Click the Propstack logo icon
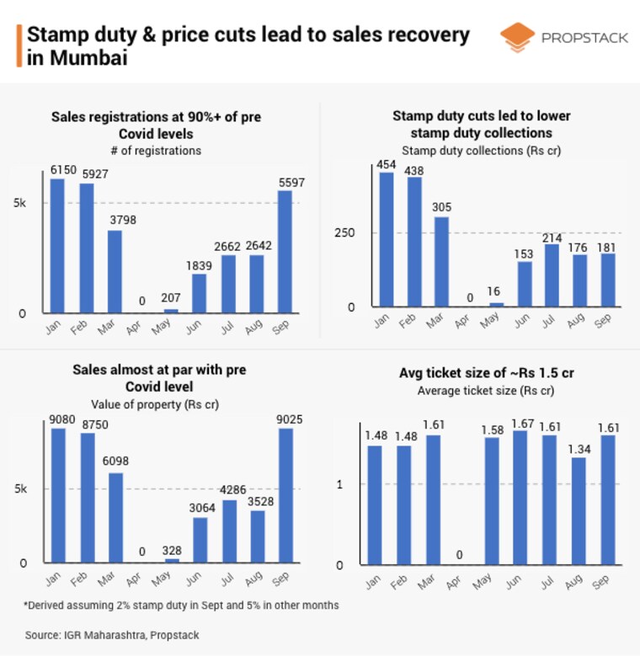click(517, 38)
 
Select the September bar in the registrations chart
click(285, 252)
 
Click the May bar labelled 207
click(171, 311)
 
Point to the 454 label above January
click(387, 165)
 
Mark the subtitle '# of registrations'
click(156, 151)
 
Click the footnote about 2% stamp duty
click(181, 605)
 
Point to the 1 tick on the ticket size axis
click(340, 484)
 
